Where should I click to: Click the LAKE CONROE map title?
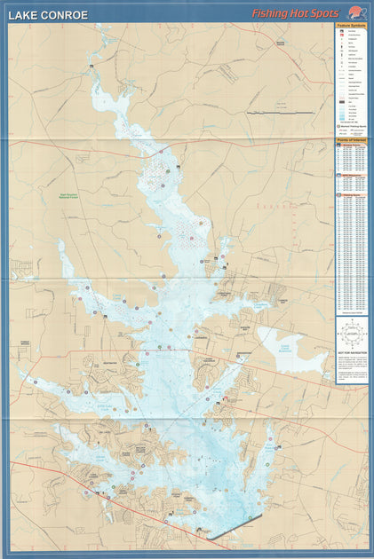[x=48, y=15]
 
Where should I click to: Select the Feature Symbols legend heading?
[x=351, y=27]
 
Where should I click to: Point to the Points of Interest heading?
[x=351, y=140]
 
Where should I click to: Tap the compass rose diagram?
[x=351, y=335]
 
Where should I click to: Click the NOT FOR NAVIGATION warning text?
[x=351, y=353]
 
